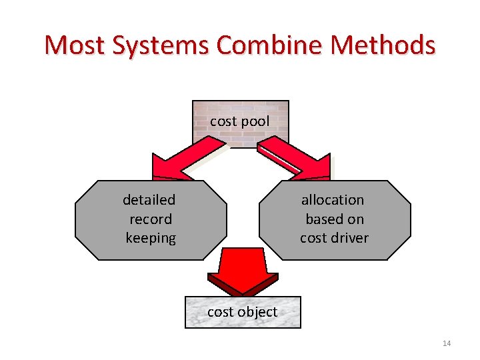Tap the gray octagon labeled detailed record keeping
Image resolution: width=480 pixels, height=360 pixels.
pos(150,219)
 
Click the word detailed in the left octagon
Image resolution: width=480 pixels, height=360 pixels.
pos(149,200)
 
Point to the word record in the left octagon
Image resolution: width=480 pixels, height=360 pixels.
pos(151,219)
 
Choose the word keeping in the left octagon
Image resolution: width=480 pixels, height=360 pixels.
pos(151,238)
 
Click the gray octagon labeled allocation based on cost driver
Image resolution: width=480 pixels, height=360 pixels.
pos(334,219)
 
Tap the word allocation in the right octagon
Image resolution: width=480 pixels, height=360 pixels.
pos(333,200)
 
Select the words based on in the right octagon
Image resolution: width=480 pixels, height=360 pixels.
pos(335,219)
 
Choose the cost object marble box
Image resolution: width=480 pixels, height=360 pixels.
pos(243,312)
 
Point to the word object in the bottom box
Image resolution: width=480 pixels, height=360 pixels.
pos(257,312)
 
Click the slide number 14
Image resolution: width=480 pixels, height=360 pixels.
pos(447,343)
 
